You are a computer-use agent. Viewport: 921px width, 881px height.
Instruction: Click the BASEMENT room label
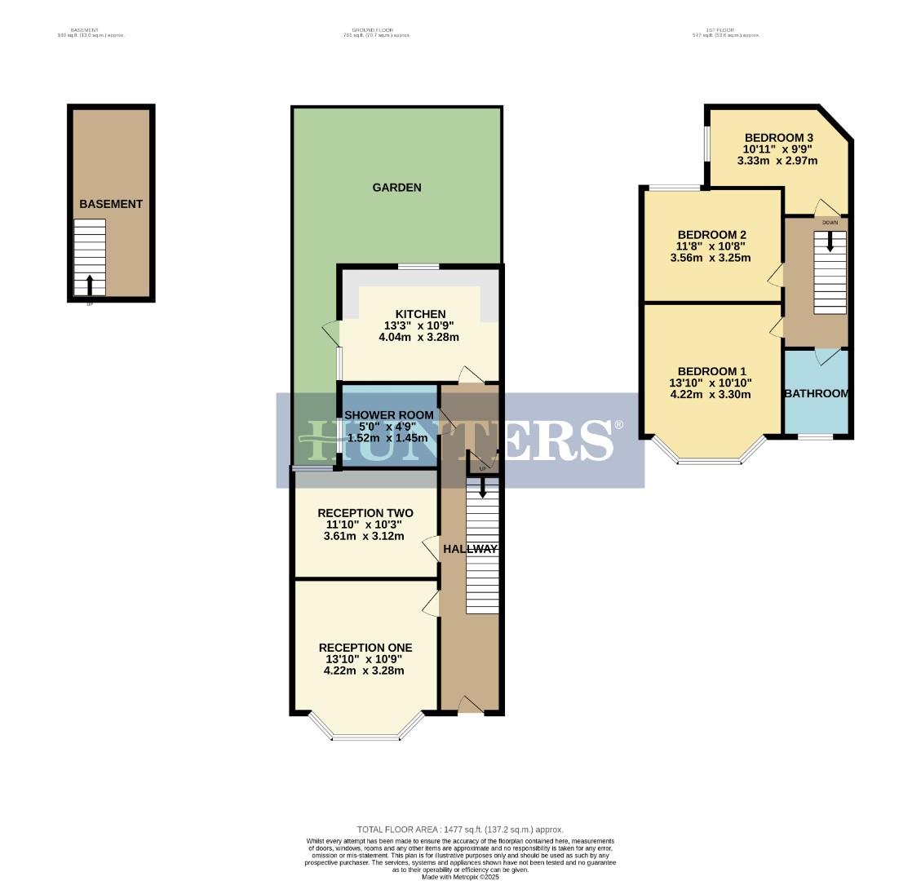click(111, 204)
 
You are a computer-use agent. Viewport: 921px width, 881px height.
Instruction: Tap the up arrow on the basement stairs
click(90, 284)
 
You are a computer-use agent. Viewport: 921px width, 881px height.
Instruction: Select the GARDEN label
click(396, 188)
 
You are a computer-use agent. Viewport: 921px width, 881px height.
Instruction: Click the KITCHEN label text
click(420, 314)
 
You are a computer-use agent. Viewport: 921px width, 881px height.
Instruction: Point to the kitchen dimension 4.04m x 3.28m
click(419, 337)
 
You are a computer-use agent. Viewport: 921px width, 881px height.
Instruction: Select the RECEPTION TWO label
click(365, 513)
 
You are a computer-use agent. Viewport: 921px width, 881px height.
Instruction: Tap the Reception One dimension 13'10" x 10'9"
click(365, 659)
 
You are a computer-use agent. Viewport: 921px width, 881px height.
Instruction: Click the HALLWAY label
click(470, 549)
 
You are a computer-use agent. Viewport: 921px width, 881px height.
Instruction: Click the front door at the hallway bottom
click(470, 706)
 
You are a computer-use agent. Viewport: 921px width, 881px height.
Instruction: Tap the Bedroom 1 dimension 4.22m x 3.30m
click(710, 395)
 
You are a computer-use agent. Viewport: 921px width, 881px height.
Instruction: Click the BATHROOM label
click(816, 393)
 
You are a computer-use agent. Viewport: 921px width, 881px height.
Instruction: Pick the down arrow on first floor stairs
click(830, 241)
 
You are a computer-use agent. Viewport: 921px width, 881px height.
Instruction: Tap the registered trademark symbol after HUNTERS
click(618, 425)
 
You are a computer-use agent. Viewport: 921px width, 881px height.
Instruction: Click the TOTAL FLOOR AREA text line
click(460, 830)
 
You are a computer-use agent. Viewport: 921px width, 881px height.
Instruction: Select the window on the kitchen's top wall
click(418, 266)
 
